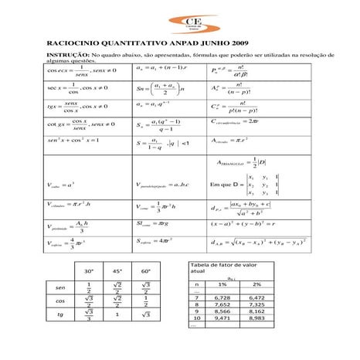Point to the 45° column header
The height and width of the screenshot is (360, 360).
(x=117, y=272)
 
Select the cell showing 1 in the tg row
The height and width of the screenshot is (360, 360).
(x=117, y=315)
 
